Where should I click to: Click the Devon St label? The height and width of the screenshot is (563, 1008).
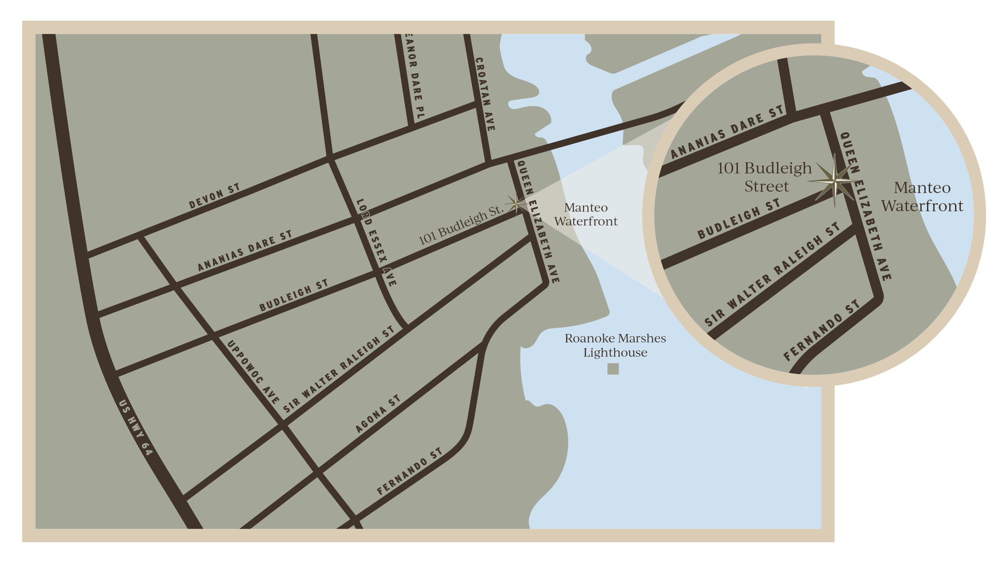coord(214,196)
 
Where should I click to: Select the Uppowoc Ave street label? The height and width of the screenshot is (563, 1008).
coord(253,372)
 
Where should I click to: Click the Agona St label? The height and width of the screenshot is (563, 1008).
coord(378,414)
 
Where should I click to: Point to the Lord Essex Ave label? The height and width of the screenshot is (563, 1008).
coord(376,242)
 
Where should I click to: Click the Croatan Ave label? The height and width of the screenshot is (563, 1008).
coord(485,94)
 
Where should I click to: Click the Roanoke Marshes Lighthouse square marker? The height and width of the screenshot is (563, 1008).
coord(613,369)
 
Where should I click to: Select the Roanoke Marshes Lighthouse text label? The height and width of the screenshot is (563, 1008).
coord(615,346)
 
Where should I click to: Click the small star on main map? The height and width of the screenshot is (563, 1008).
coord(516,204)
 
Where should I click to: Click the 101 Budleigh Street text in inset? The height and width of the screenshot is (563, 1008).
coord(765,177)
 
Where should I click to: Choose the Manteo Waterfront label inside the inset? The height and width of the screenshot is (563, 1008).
coord(922,197)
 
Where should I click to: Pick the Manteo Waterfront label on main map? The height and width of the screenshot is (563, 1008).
coord(586,214)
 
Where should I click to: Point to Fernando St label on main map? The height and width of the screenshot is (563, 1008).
coord(409,471)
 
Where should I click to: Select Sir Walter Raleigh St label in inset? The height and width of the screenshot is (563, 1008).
coord(772,274)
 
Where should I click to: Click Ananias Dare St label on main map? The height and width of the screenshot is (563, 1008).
coord(244,251)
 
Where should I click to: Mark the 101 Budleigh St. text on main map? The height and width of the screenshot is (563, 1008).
coord(461,225)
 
